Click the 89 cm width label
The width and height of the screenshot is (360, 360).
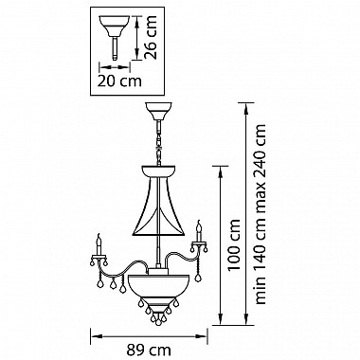click(149, 351)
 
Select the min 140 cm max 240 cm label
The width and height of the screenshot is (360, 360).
click(261, 214)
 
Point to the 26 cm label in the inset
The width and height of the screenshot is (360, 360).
click(150, 37)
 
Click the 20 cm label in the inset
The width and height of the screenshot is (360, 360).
click(119, 81)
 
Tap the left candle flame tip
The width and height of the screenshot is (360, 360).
click(99, 234)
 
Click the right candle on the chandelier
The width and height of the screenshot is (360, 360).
click(199, 232)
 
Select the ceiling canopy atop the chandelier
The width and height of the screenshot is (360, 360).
click(158, 111)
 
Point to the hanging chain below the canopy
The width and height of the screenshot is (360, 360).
click(159, 143)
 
